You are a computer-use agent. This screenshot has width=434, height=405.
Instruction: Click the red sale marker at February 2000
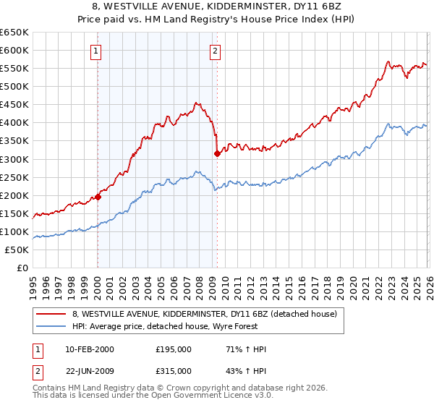98,196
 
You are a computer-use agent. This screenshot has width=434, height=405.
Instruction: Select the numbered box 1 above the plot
96,51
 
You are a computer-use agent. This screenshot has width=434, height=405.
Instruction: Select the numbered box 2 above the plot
216,51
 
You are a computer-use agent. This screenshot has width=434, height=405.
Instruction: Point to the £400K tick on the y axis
15,123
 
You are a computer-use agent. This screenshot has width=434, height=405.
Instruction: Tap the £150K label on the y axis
15,213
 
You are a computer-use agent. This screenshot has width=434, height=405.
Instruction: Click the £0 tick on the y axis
24,268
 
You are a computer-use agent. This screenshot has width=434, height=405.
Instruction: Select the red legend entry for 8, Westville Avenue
204,314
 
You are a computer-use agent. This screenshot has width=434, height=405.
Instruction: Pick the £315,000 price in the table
173,370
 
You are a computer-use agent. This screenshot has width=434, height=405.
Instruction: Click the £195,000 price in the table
173,349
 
